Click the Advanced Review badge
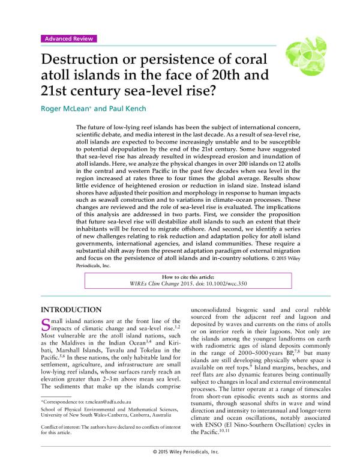point(68,39)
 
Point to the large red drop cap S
point(44,326)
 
